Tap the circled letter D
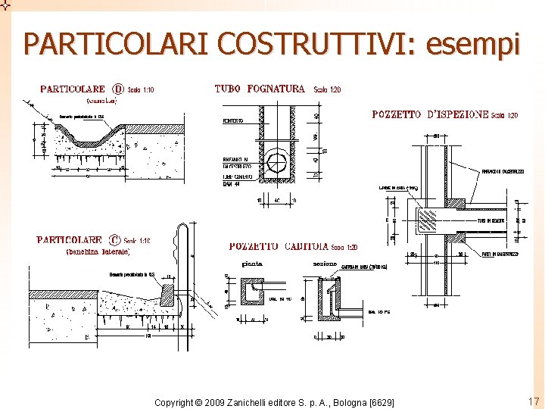118,89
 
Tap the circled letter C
115,240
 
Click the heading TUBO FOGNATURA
260,89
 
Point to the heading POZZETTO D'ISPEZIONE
430,114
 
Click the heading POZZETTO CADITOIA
279,247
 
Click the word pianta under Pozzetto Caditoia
252,264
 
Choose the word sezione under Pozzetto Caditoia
325,264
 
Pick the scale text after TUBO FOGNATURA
327,89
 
